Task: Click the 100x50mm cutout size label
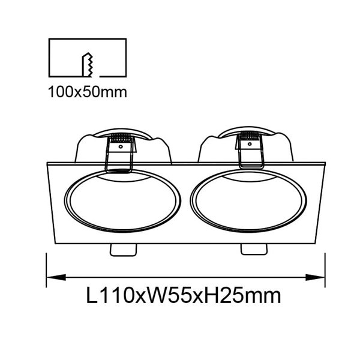pos(88,92)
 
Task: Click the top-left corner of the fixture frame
pos(47,163)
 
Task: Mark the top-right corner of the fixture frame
pos(324,162)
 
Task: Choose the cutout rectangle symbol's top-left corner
pos(49,40)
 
